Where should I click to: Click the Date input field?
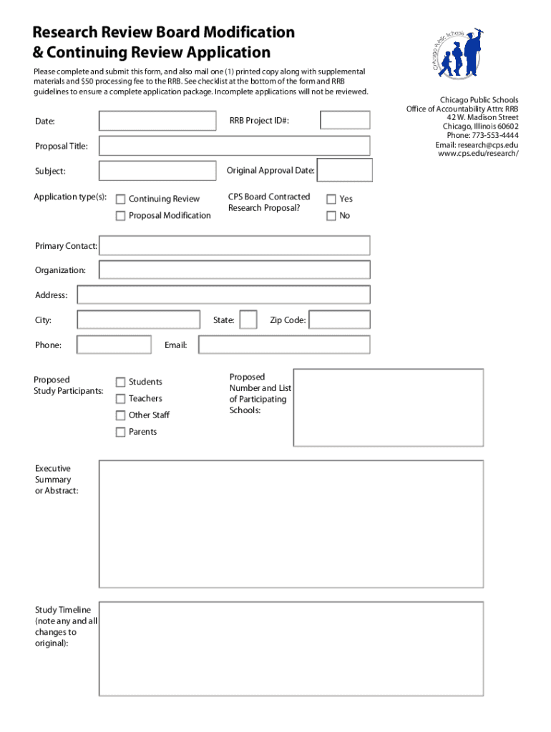157,121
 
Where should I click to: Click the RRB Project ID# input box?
345,120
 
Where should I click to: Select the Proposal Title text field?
235,146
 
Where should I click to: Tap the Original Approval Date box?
344,170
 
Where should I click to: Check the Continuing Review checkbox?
121,199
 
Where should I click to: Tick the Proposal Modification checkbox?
121,216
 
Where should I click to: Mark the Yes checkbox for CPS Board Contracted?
331,199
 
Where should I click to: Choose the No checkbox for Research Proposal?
331,216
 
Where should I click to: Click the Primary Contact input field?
235,246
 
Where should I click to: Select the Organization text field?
235,269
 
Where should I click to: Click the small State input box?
248,320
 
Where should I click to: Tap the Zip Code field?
340,320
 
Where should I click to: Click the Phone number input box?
104,345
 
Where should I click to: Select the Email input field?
284,345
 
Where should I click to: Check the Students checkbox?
121,382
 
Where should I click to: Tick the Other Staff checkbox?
121,415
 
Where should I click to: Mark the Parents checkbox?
121,432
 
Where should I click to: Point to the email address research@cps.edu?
487,145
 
